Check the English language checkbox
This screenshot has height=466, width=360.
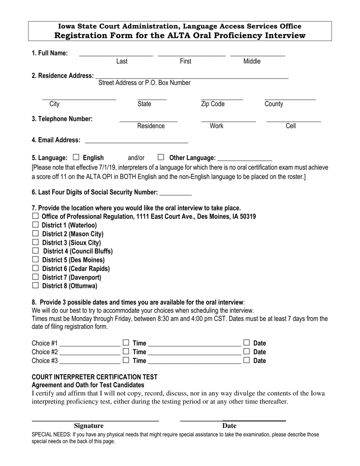tap(76, 157)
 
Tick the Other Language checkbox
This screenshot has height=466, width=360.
tap(161, 157)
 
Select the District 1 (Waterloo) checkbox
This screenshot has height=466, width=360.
tap(36, 225)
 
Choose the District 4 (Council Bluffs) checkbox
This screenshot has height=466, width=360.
tap(36, 250)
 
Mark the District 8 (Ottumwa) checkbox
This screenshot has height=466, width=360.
tap(36, 285)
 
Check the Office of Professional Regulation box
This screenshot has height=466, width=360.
tap(36, 216)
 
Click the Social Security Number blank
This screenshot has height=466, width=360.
tap(175, 194)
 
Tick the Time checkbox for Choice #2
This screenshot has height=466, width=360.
tap(126, 351)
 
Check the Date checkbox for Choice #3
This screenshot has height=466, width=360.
tap(247, 360)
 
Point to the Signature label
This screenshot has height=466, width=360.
tap(89, 426)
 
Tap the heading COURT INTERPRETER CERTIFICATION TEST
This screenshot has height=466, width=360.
tap(94, 377)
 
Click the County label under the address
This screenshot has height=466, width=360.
tap(274, 104)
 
